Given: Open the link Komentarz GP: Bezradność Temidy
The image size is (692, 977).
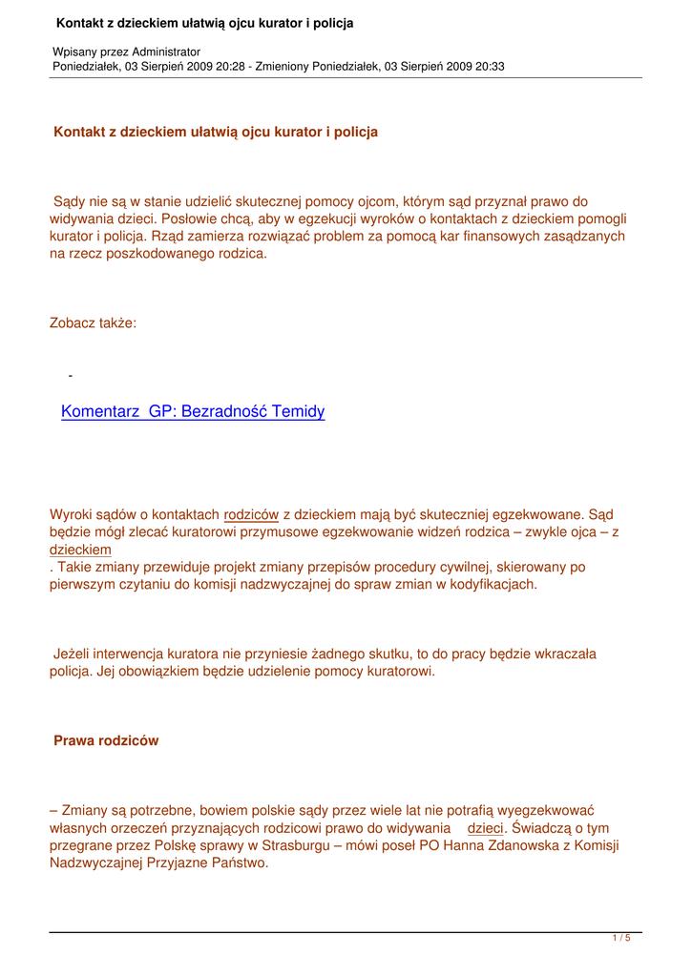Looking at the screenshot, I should [x=193, y=412].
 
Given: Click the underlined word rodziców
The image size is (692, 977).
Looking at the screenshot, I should [x=251, y=515].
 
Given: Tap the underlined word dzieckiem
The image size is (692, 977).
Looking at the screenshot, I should [x=80, y=550].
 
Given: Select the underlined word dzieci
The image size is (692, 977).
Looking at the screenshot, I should [x=485, y=828].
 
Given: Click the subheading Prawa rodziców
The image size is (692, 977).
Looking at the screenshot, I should [x=106, y=740].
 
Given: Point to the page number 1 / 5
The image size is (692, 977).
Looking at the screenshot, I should [x=620, y=939].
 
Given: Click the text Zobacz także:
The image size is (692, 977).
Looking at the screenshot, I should [x=93, y=323].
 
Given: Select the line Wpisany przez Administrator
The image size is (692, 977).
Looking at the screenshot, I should [x=126, y=51].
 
